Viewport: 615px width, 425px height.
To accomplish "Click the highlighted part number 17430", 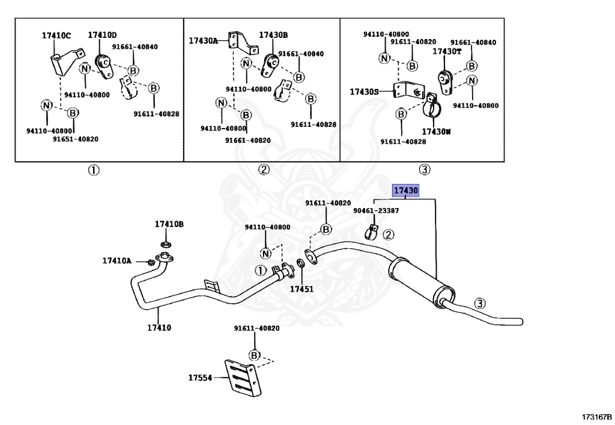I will tap(405, 191).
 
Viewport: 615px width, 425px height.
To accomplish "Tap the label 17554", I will tap(200, 378).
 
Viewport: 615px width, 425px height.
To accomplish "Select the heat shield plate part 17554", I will tap(245, 377).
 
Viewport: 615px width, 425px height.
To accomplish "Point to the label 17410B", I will tap(169, 224).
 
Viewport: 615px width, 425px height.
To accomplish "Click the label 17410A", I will tap(117, 261).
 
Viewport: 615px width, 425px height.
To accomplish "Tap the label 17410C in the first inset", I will tap(56, 35).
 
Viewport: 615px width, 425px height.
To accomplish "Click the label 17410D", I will tap(103, 35).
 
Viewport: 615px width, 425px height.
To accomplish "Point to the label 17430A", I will tap(203, 40).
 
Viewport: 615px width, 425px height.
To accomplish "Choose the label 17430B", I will tap(273, 35).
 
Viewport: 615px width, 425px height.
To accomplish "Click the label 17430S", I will tap(365, 92).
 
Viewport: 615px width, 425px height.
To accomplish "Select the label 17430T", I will tap(447, 52).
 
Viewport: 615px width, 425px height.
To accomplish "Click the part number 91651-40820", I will tap(75, 139).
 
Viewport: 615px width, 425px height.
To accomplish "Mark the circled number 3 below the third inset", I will tap(423, 170).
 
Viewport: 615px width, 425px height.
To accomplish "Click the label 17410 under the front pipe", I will tap(159, 328).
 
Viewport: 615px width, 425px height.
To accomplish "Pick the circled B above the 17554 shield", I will tap(254, 355).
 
